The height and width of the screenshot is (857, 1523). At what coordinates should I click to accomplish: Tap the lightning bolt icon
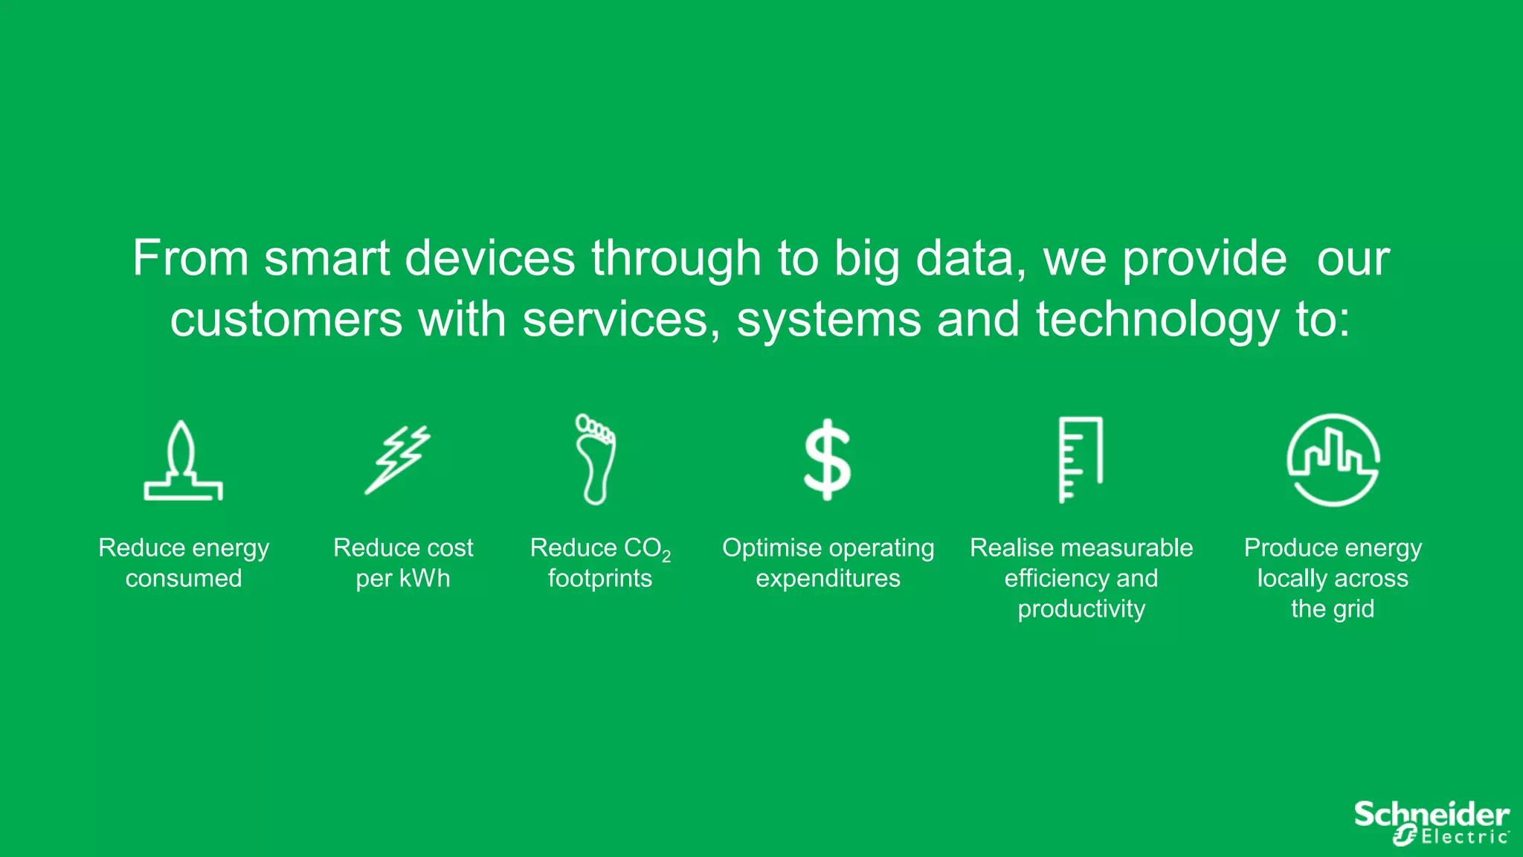click(399, 460)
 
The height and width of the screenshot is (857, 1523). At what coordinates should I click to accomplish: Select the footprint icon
click(596, 459)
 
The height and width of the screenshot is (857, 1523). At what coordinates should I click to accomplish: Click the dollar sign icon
click(827, 460)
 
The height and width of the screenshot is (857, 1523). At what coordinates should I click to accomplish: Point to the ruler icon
click(1081, 460)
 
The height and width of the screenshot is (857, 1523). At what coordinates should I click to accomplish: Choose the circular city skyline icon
click(1333, 460)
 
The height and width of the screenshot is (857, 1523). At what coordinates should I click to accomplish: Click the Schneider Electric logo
click(1431, 823)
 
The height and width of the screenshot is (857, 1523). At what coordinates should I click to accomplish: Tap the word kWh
click(425, 578)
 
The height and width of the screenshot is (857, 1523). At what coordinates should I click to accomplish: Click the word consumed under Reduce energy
click(184, 578)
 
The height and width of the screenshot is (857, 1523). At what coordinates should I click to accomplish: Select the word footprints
click(600, 578)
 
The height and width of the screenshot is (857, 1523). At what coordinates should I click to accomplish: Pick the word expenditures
click(828, 578)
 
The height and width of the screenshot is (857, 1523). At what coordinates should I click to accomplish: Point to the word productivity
click(1081, 609)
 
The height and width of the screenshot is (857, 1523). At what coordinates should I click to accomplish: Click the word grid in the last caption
click(1353, 609)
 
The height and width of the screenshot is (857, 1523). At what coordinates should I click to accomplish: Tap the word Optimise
click(770, 548)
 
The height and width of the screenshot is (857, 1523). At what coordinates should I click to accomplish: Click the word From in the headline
click(190, 259)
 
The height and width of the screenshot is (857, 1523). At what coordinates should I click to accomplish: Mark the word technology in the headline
click(1157, 319)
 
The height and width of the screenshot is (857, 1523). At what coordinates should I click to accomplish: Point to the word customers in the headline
click(286, 319)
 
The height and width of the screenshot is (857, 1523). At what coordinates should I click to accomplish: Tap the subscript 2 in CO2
click(666, 556)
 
